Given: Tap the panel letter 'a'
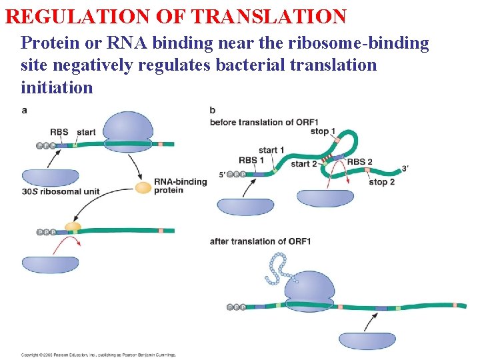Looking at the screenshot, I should click(25, 110).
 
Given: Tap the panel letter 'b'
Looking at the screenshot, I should click(212, 110).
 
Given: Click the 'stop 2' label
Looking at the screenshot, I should click(381, 182).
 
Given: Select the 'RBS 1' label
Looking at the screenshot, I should click(251, 160).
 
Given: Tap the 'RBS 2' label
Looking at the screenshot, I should click(360, 161).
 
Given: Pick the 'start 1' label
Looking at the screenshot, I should click(271, 150).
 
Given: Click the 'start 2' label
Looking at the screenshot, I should click(304, 164).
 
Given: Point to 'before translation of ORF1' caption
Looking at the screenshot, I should click(263, 122).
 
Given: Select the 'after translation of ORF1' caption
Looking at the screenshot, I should click(260, 241).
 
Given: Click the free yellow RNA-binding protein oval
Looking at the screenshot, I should click(143, 188).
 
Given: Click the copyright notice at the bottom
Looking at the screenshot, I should click(99, 355).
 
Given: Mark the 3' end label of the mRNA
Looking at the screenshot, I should click(405, 169).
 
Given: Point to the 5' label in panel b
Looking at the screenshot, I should click(222, 175).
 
